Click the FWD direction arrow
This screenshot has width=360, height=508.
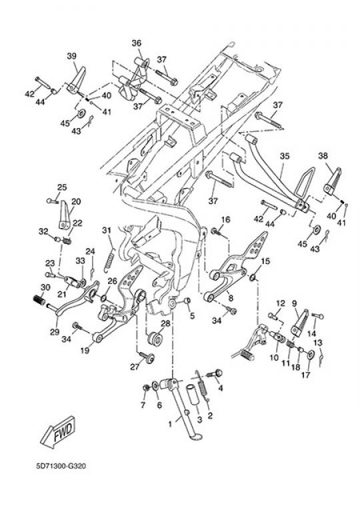tap(58, 433)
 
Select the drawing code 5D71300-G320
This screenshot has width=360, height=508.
tap(61, 466)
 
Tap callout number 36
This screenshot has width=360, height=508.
tap(137, 43)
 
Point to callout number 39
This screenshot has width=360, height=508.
tap(71, 56)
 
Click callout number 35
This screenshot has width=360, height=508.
tap(284, 156)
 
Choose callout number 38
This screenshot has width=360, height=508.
tap(323, 155)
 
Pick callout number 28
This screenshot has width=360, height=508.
tap(165, 323)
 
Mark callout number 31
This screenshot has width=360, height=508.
tap(107, 230)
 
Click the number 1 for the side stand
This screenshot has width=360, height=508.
tap(170, 423)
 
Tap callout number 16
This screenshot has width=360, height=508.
tap(225, 219)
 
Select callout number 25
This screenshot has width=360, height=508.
tap(62, 187)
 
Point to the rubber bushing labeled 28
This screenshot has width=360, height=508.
tap(154, 338)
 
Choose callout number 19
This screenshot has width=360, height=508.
tap(85, 351)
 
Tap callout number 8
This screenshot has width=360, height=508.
tap(231, 297)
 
